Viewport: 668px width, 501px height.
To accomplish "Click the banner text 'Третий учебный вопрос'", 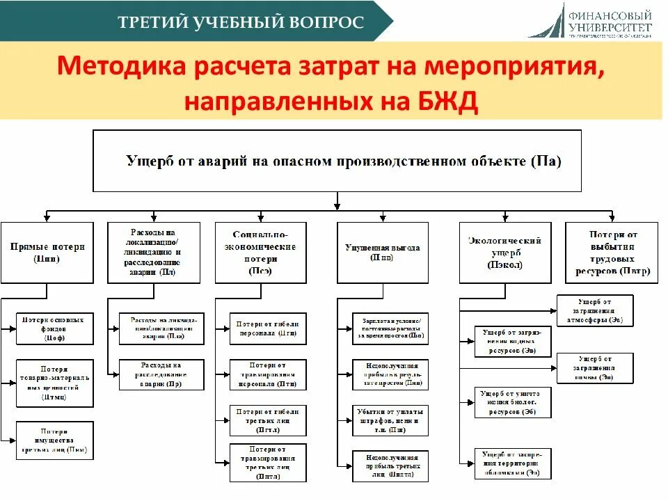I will (x=241, y=22).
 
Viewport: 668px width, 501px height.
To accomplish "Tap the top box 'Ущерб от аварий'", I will (x=337, y=161).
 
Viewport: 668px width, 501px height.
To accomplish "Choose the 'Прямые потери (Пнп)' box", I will (x=47, y=253).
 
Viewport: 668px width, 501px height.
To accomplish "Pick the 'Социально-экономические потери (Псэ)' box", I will (x=260, y=253).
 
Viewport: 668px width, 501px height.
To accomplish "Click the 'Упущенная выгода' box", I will (x=383, y=253).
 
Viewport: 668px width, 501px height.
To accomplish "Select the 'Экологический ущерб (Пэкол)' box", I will (x=505, y=253).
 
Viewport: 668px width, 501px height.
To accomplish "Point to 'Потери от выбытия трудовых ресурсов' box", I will (x=612, y=253).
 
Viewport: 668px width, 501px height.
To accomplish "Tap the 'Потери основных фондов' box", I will (x=54, y=328).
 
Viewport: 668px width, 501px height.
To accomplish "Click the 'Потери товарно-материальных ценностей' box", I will (x=54, y=383).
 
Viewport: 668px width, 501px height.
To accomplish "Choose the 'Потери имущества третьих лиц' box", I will (x=54, y=440).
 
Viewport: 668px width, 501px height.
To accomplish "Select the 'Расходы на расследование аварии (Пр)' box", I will (x=161, y=374).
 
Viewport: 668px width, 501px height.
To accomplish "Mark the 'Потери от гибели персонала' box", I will (x=268, y=328).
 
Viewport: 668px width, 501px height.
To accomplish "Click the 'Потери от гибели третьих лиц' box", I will (x=268, y=420).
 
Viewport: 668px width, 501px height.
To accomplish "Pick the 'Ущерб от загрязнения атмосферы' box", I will (x=595, y=310).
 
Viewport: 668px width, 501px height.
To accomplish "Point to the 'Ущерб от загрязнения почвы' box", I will (x=595, y=368).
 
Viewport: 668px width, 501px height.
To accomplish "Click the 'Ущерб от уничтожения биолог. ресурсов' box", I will (x=513, y=402).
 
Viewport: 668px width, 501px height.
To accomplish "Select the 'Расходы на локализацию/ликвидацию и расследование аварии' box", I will (x=154, y=253).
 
